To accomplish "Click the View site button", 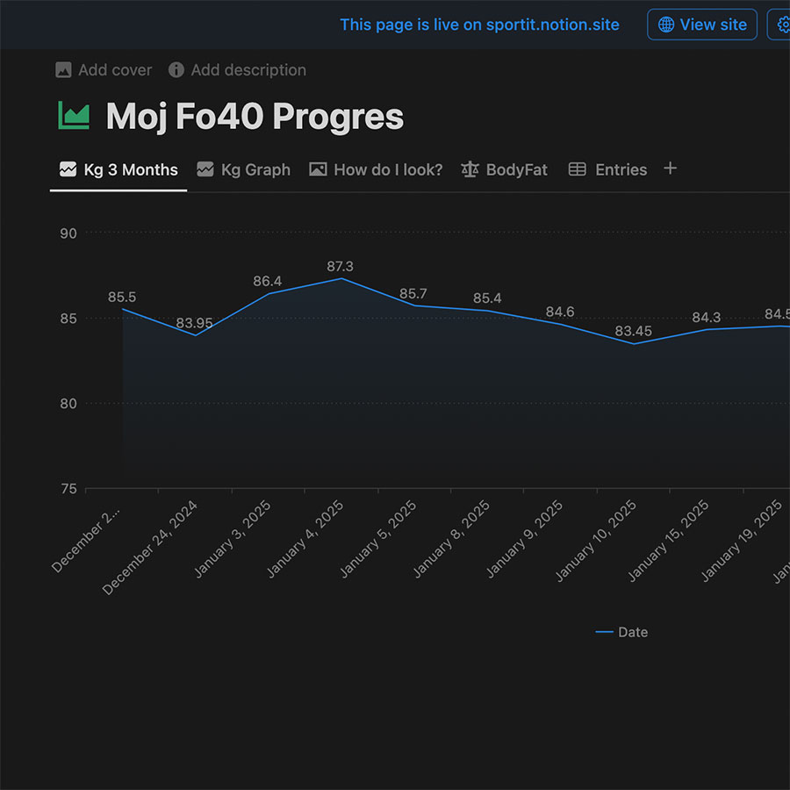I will pyautogui.click(x=702, y=25).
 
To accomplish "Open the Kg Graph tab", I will pyautogui.click(x=244, y=169).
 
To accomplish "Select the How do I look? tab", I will pyautogui.click(x=377, y=169).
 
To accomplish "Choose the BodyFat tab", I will pyautogui.click(x=505, y=169).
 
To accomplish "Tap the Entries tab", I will pyautogui.click(x=608, y=169).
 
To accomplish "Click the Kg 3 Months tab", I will pyautogui.click(x=118, y=169).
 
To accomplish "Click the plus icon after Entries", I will pyautogui.click(x=670, y=169).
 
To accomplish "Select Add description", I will pyautogui.click(x=238, y=70).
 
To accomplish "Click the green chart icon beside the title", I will pyautogui.click(x=74, y=116).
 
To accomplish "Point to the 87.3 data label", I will pyautogui.click(x=340, y=266).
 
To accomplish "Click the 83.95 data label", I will pyautogui.click(x=194, y=323).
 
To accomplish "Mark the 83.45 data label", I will pyautogui.click(x=633, y=331).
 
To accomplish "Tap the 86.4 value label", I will pyautogui.click(x=268, y=281).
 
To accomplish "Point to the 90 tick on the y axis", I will pyautogui.click(x=68, y=233).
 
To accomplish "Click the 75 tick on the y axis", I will pyautogui.click(x=68, y=489).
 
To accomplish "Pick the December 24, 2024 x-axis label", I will pyautogui.click(x=151, y=548).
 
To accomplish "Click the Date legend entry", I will pyautogui.click(x=622, y=632).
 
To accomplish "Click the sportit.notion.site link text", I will pyautogui.click(x=552, y=25).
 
